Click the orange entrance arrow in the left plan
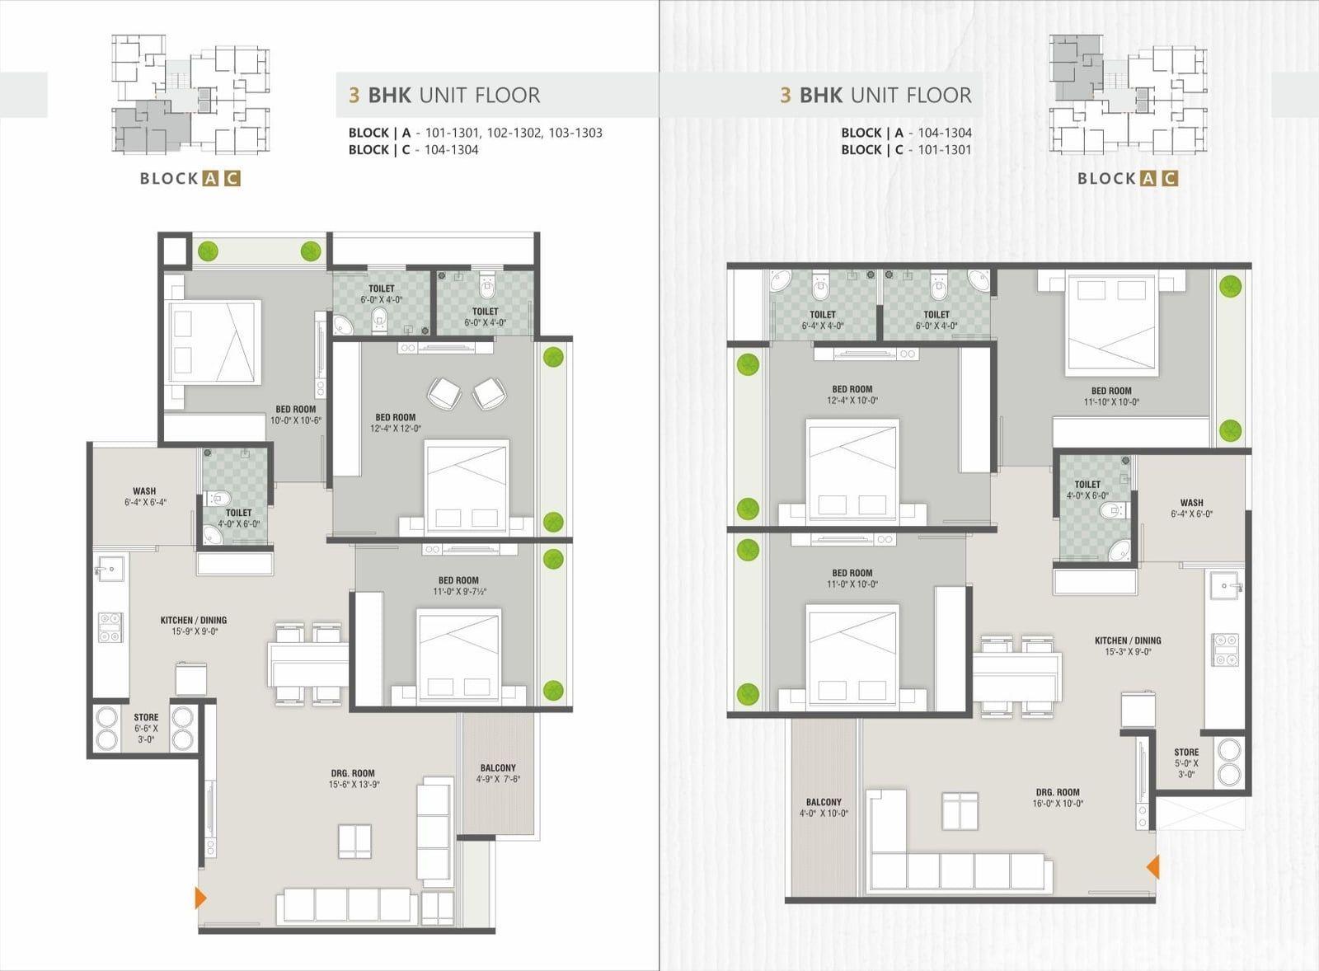coord(200,898)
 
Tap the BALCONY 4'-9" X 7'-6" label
coord(498,773)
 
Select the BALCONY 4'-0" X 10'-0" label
coord(824,808)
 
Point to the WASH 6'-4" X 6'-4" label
coord(145,496)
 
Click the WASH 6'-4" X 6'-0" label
coord(1192,509)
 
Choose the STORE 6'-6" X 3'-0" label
coord(146,728)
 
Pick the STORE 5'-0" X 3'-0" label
coord(1186,763)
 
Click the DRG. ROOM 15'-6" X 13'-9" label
coord(353,778)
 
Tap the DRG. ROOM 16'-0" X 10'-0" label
coord(1058,797)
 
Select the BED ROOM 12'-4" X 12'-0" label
coord(396,423)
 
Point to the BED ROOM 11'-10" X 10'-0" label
coord(1111,396)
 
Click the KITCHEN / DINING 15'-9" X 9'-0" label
coord(194,626)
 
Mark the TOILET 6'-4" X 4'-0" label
coord(823,320)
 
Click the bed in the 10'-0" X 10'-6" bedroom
coord(214,343)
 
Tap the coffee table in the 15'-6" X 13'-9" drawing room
coord(354,842)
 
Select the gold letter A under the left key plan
coord(210,178)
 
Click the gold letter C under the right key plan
coord(1171,178)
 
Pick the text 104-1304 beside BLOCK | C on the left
coord(451,149)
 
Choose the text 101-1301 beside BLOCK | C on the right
coord(945,149)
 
